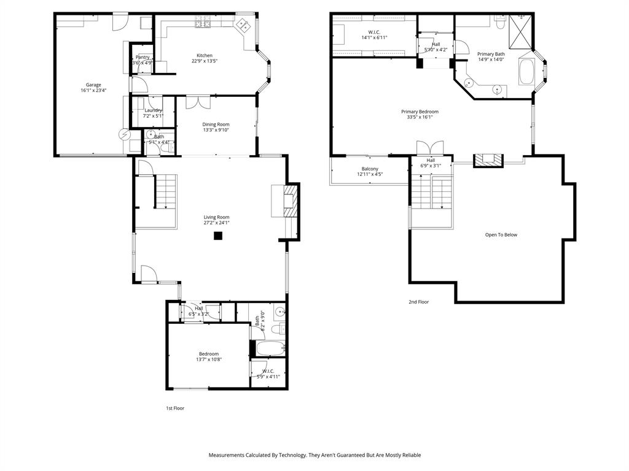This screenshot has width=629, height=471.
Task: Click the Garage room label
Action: point(93,85)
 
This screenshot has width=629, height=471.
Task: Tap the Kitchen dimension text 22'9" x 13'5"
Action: point(205,61)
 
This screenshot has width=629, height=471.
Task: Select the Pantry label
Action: point(143,57)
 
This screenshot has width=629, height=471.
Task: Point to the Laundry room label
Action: point(153,110)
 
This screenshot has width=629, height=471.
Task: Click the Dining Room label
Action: point(216,124)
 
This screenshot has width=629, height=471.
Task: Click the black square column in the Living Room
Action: point(217,235)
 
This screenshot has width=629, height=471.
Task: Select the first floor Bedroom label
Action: point(209,354)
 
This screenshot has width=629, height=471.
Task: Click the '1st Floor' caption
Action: point(175,408)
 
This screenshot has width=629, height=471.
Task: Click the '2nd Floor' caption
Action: point(419,302)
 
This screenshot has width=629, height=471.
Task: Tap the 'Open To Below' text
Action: point(501,235)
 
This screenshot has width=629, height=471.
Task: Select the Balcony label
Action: point(370,169)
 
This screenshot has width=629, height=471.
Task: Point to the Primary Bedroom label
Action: point(420,112)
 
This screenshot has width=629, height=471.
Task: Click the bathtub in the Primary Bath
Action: point(527,72)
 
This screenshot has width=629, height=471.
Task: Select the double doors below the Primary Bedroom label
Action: point(430,148)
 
